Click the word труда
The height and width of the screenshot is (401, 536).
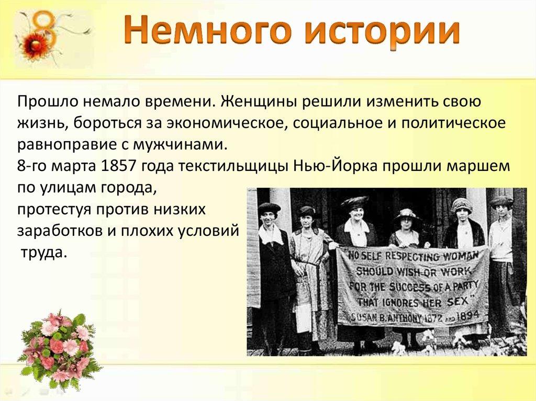pos(42,253)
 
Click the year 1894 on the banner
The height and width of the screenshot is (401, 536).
pos(467,315)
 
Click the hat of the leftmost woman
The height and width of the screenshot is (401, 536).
pos(269,208)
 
